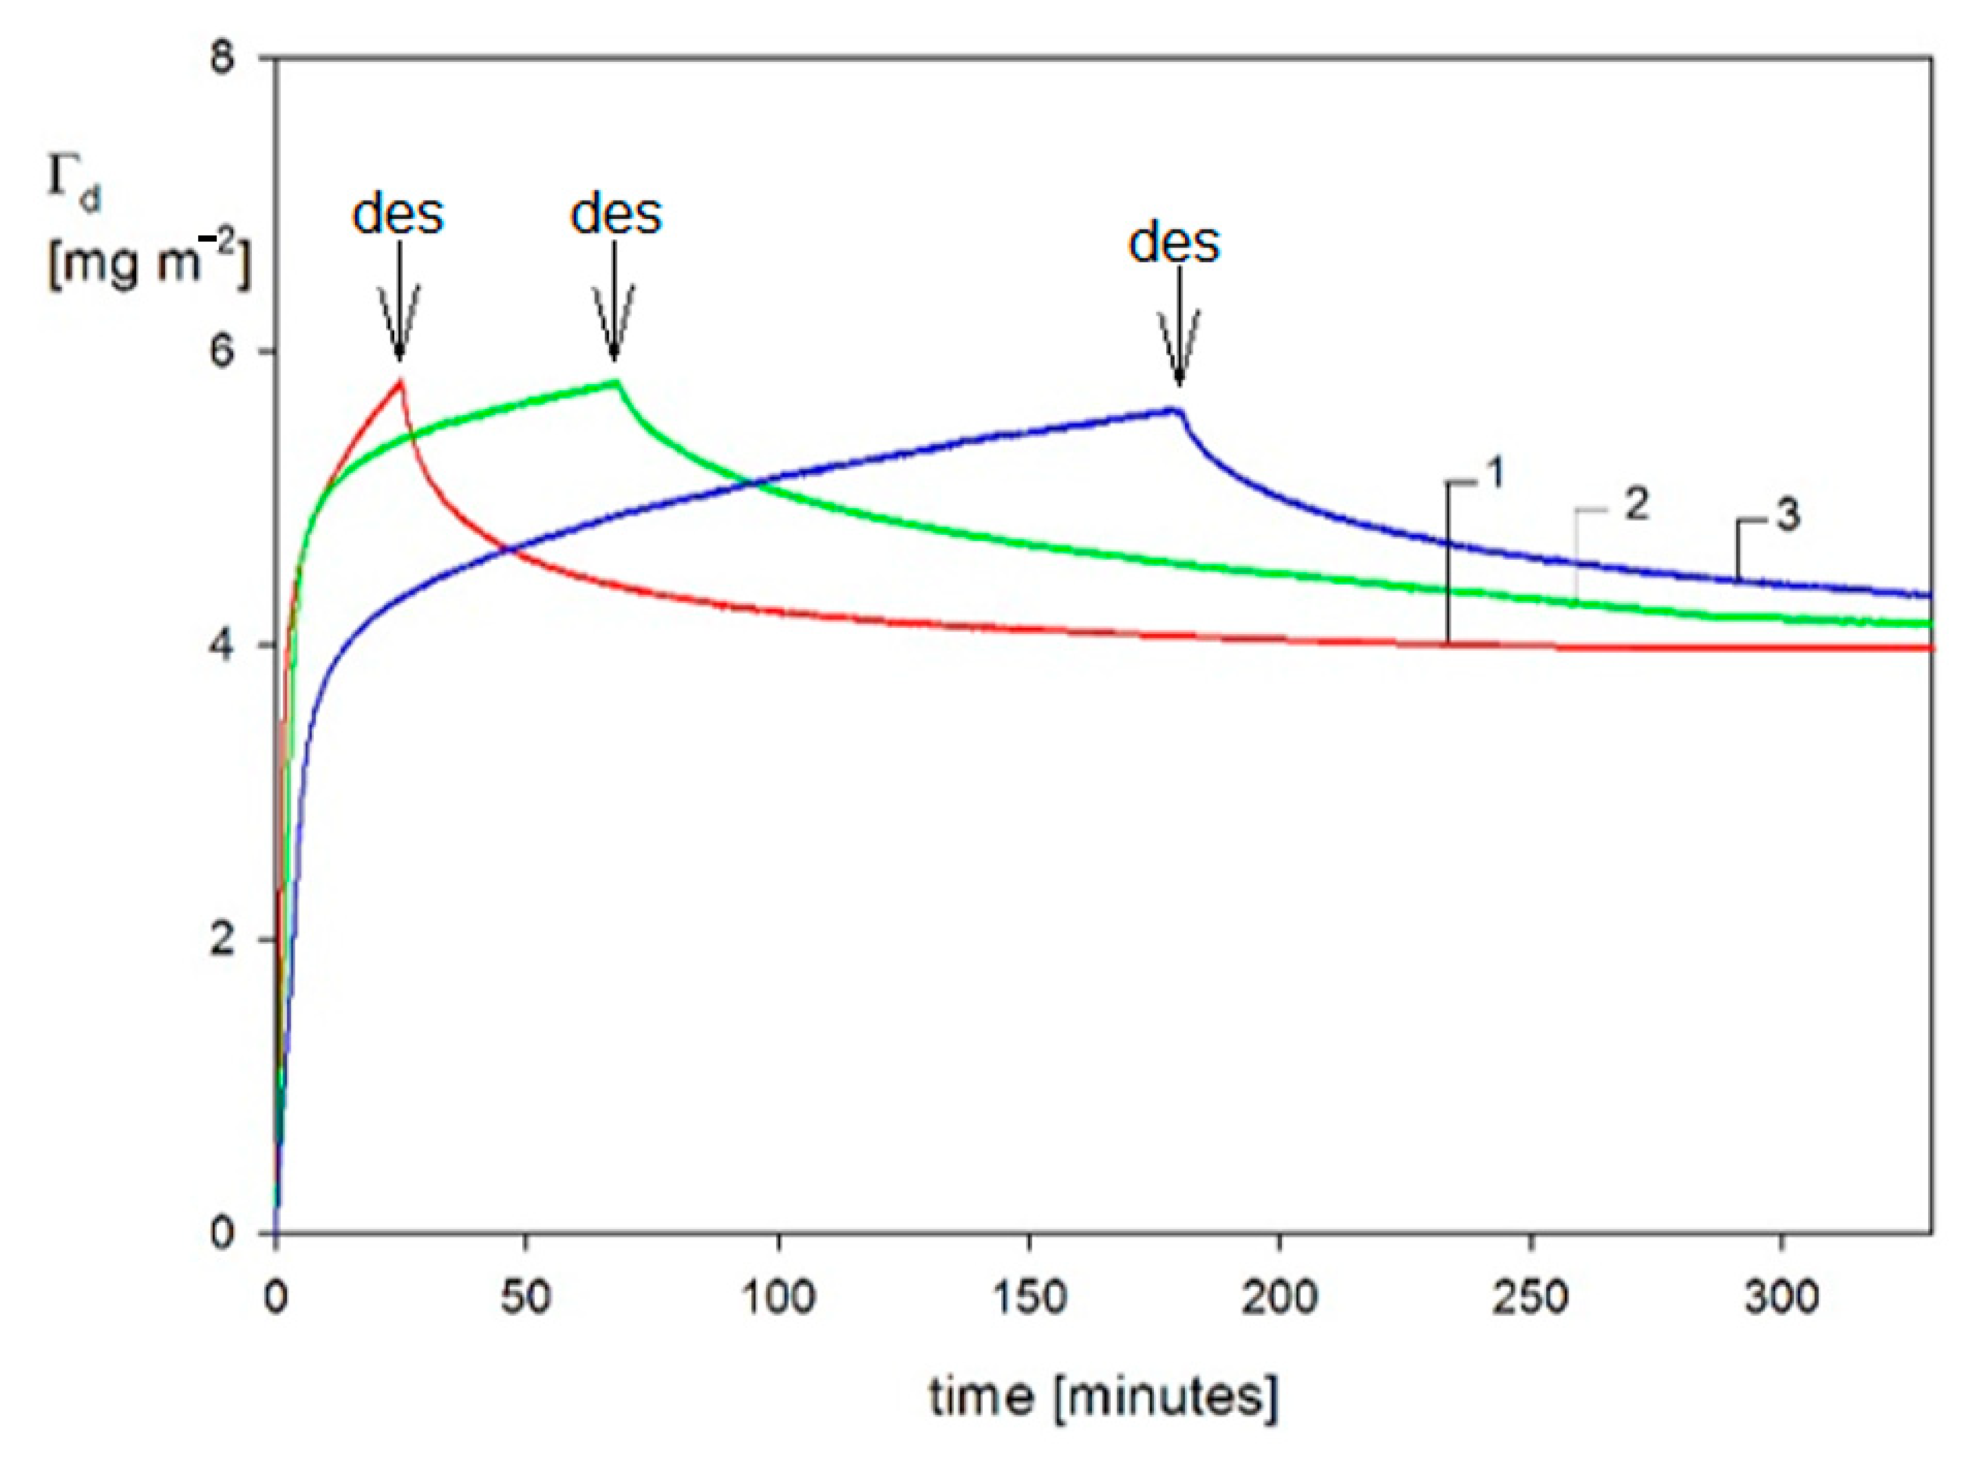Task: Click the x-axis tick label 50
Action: click(x=526, y=1297)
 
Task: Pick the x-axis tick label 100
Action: click(x=778, y=1297)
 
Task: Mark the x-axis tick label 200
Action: click(x=1280, y=1297)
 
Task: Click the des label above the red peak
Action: click(x=398, y=215)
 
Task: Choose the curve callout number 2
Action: click(x=1635, y=505)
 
